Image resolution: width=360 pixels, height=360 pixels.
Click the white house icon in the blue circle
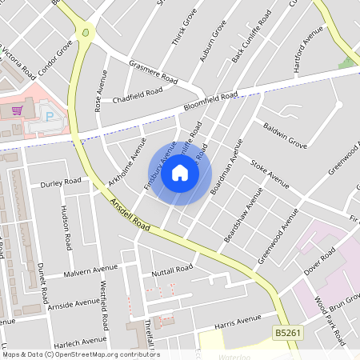coord(180,173)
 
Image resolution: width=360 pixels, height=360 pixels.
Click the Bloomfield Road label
coord(211,101)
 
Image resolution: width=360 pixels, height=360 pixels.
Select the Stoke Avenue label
coord(269,174)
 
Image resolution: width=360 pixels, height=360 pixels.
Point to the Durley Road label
coord(61,182)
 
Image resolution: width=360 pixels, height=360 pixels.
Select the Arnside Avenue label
coord(74,304)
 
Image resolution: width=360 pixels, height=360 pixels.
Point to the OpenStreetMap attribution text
coord(81,354)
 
